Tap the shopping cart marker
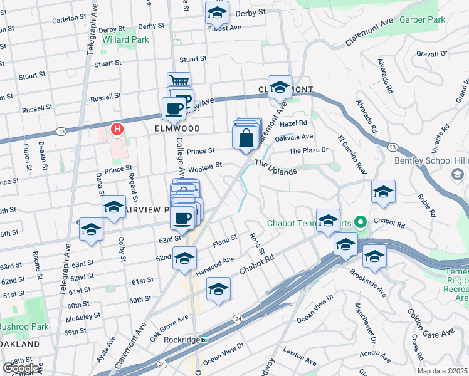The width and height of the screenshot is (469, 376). click(179, 81)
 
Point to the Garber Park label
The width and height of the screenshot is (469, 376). click(425, 20)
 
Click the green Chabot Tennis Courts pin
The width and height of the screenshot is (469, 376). click(360, 222)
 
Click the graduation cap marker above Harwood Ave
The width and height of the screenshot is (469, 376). click(184, 258)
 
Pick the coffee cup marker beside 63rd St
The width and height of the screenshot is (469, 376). click(182, 218)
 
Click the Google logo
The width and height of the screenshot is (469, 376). click(21, 368)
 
